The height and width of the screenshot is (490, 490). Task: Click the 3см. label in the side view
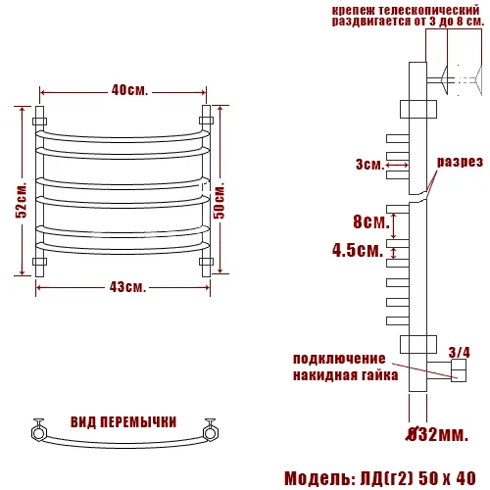[369, 164]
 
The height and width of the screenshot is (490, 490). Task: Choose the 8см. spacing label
[366, 220]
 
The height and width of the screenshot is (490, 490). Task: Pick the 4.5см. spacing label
[357, 250]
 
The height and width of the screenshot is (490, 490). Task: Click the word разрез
[459, 162]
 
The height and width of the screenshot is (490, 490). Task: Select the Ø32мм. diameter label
[438, 431]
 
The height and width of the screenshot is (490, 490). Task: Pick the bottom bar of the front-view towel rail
[123, 247]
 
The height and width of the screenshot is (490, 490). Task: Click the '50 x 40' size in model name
[446, 478]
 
